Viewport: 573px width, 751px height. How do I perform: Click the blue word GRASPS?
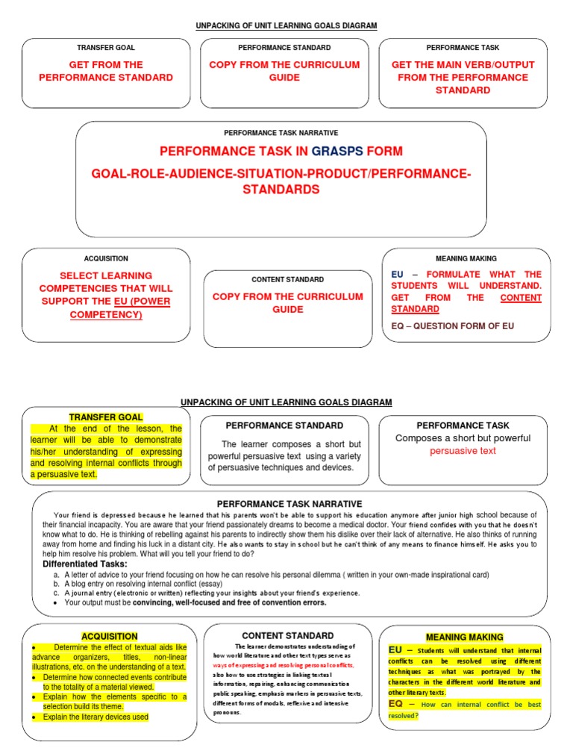coord(337,151)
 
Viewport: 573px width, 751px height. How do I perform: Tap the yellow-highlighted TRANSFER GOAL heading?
coord(106,417)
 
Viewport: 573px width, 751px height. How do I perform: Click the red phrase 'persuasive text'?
coord(463,451)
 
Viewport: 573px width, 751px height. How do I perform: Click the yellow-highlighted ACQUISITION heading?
coord(110,636)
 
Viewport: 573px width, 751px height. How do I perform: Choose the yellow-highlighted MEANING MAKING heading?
coord(464,637)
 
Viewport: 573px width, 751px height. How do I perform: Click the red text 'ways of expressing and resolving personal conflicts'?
coord(283,664)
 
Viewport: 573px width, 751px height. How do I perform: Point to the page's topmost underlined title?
coord(286,26)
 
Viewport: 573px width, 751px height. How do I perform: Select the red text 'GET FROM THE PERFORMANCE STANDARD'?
coord(106,71)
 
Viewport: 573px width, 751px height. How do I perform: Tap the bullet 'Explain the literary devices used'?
coord(95,717)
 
